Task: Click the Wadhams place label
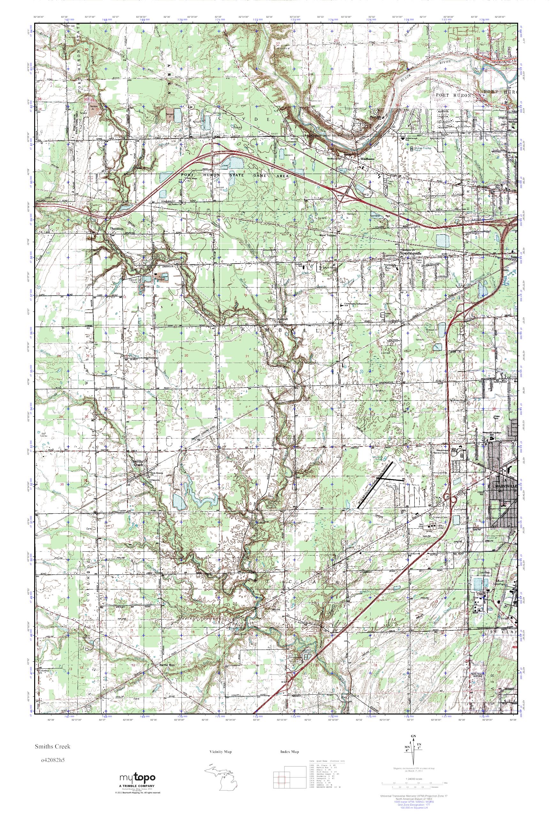366,159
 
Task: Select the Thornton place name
117,229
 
